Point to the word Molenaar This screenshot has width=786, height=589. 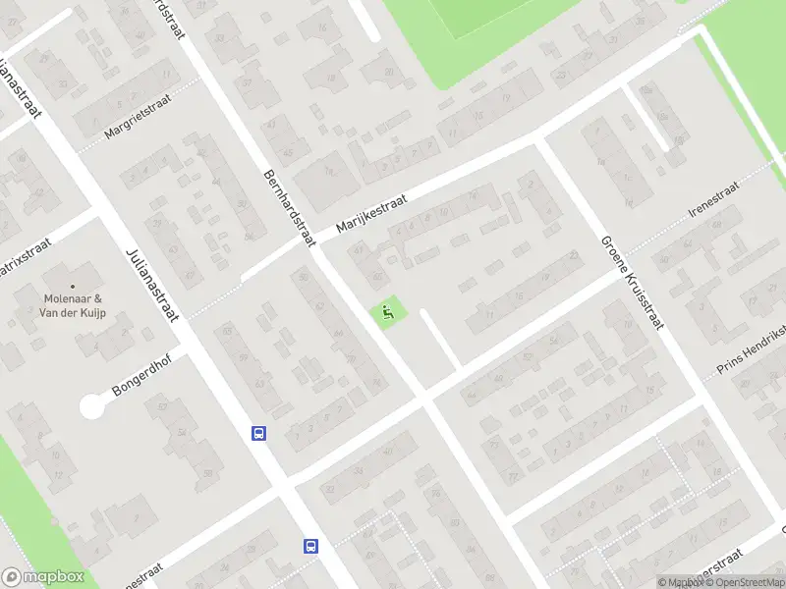click(x=73, y=299)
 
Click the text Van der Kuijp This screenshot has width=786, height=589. click(x=73, y=313)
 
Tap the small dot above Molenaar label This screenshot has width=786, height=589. click(x=72, y=287)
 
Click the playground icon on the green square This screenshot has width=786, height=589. click(x=387, y=314)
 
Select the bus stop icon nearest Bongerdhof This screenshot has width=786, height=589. click(x=259, y=433)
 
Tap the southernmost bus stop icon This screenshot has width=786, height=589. click(x=311, y=546)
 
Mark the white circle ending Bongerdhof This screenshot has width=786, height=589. click(x=92, y=405)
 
